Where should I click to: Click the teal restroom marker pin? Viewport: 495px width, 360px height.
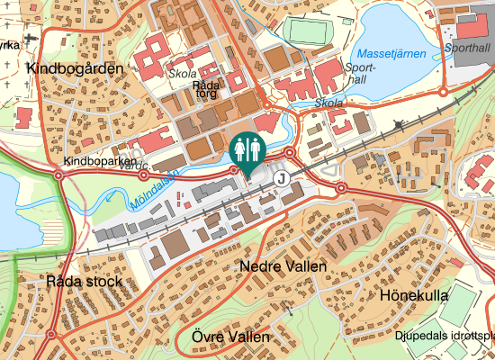point(246,151)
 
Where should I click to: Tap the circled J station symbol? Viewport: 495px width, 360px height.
point(283,178)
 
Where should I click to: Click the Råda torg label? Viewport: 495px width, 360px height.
point(208,90)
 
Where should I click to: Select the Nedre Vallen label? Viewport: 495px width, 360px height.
point(283,267)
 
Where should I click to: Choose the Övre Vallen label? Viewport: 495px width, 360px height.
point(230,337)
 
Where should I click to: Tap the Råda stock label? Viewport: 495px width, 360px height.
point(84,282)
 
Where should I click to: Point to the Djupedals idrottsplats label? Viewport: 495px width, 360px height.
point(445,337)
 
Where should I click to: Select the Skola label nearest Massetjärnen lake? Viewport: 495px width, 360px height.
point(329,103)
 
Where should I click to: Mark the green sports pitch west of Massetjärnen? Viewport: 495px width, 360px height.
point(309,31)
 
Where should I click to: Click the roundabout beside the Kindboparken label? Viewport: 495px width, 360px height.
point(58,175)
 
